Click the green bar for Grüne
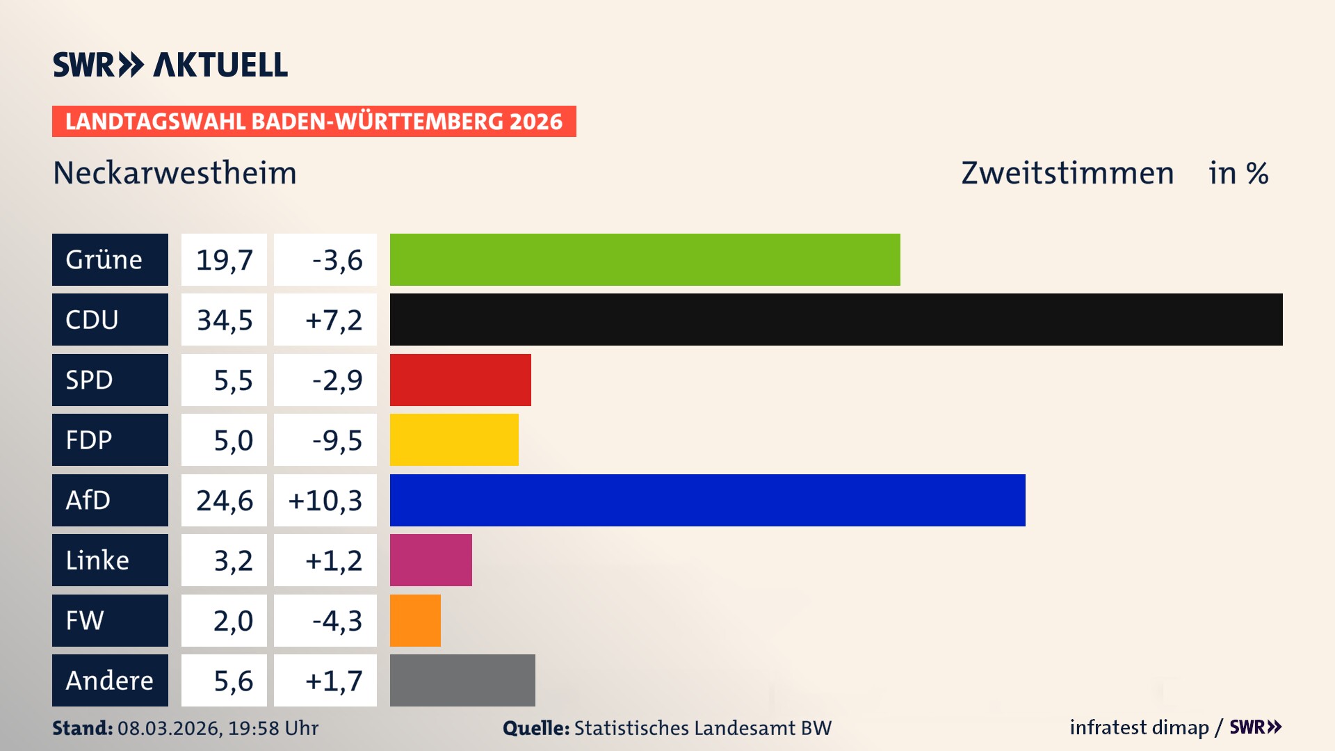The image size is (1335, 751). tap(645, 259)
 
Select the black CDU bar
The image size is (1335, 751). tap(836, 319)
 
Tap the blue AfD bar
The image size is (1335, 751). tap(707, 500)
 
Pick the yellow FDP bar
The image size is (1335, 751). tap(454, 439)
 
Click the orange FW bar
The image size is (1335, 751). tap(415, 620)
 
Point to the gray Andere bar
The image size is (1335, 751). tap(462, 680)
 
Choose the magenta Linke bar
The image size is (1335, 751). tap(430, 560)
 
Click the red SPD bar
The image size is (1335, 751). tap(460, 380)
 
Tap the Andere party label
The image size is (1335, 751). tap(110, 680)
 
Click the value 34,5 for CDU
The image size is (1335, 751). tap(224, 320)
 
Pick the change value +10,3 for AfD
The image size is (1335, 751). tap(325, 501)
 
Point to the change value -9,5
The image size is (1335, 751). tap(337, 440)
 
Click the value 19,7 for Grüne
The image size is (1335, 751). tap(224, 260)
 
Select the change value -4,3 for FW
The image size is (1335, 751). tap(337, 620)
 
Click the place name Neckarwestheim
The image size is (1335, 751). tap(175, 173)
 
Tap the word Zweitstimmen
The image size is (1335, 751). tap(1067, 173)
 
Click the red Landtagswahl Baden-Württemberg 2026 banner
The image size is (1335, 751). tap(314, 122)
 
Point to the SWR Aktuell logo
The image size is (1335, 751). tap(170, 65)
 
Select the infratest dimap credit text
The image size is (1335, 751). tap(1139, 727)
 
